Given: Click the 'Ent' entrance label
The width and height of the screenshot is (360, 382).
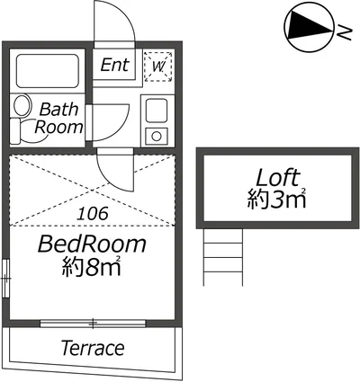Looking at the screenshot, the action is pos(114,65).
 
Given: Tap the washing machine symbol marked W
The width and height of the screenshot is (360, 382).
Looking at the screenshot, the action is pos(158,67).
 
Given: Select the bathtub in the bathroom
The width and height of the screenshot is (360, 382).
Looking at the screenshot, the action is pos(48,71).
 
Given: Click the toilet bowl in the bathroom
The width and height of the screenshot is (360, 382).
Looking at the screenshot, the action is pos(22,105).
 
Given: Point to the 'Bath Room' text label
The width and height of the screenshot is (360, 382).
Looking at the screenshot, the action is pos(58,118).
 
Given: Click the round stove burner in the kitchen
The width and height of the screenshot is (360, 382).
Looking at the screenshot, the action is pos(157,137).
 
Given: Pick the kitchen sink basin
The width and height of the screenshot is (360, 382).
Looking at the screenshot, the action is pos(157,111).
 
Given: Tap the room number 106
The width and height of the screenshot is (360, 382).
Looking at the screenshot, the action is pos(92,214).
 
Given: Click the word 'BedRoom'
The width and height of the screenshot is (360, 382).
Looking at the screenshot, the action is pos(92,244).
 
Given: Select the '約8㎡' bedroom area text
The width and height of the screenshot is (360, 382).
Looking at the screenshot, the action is pos(91,266).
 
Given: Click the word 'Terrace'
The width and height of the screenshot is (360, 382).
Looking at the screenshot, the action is pos(93,348).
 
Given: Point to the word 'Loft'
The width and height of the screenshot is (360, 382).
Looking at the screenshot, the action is pos(277,178).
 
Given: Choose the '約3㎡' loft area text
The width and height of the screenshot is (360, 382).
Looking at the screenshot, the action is pos(276,199).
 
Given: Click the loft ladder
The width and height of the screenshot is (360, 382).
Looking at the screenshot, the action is pos(223,257).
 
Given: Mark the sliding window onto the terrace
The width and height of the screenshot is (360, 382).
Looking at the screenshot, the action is pos(93,323).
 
